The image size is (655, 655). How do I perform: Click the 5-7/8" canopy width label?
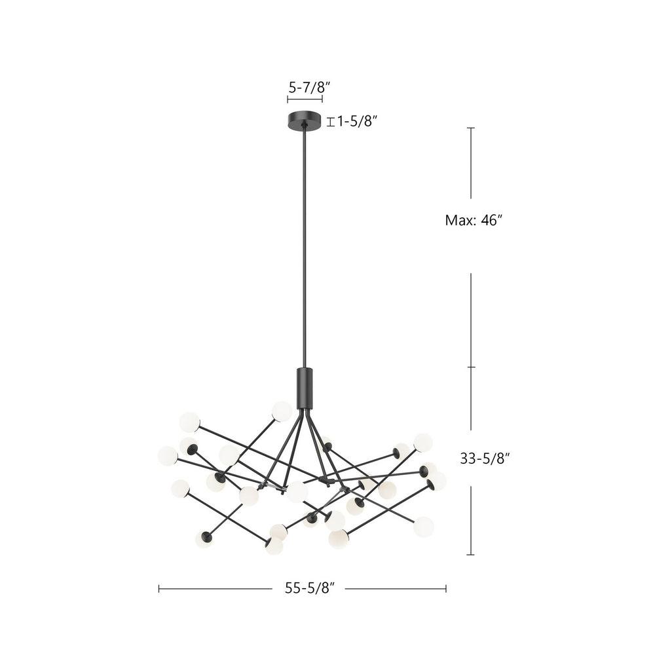coord(305,86)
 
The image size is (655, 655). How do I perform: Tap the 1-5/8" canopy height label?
coord(358,121)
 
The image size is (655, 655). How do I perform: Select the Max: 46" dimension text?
coord(474,221)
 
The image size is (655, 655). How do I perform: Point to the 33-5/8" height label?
coord(485,459)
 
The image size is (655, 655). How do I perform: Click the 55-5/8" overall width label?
coord(310,588)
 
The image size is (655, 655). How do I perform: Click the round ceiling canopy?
coord(305,121)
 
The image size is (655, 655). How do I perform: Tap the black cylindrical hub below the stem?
coord(305,388)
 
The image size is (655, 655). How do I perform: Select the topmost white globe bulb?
coord(282,411)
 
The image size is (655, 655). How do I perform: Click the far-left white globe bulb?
coord(168,456)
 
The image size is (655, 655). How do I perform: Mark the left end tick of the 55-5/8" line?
coord(159,589)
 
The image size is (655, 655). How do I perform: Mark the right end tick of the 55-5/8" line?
coord(446,589)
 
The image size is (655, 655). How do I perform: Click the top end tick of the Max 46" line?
coord(470,128)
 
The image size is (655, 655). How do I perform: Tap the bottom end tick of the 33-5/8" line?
coord(470,555)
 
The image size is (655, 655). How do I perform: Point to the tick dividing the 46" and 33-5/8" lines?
coord(470,367)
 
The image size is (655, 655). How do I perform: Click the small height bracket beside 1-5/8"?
coord(331,121)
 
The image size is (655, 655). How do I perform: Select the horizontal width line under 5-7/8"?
coord(305,100)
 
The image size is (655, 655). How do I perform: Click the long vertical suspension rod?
coord(305,249)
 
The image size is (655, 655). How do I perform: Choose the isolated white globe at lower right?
coord(424,526)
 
